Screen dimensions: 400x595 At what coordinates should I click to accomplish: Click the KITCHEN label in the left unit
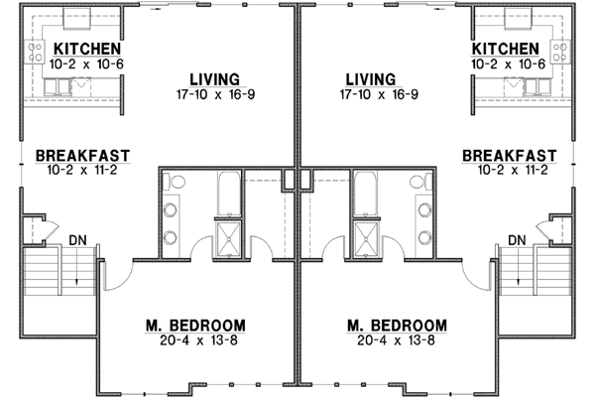87,49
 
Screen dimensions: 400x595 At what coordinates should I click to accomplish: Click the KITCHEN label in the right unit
506,49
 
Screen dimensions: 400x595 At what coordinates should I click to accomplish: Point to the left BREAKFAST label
77,156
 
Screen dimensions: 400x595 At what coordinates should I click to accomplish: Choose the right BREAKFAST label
509,156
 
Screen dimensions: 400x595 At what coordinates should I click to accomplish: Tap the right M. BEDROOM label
397,326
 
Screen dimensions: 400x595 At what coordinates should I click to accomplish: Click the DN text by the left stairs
76,240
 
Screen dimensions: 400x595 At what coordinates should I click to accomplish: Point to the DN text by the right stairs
517,240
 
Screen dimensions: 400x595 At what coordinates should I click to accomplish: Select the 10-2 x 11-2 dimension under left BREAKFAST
77,171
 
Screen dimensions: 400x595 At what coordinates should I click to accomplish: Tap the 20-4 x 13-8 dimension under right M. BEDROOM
397,340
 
